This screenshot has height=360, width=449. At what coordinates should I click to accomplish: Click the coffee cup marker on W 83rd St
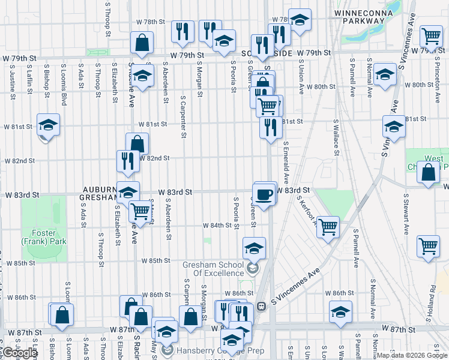264,194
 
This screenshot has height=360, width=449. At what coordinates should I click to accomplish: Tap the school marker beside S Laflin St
48,125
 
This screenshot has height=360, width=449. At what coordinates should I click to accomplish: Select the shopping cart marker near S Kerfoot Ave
328,227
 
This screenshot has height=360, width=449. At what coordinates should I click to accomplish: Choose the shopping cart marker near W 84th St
140,212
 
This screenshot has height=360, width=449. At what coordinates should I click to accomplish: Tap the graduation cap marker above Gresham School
254,248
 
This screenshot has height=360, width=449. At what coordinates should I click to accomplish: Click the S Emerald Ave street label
286,163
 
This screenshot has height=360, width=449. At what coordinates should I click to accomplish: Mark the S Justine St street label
13,84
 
